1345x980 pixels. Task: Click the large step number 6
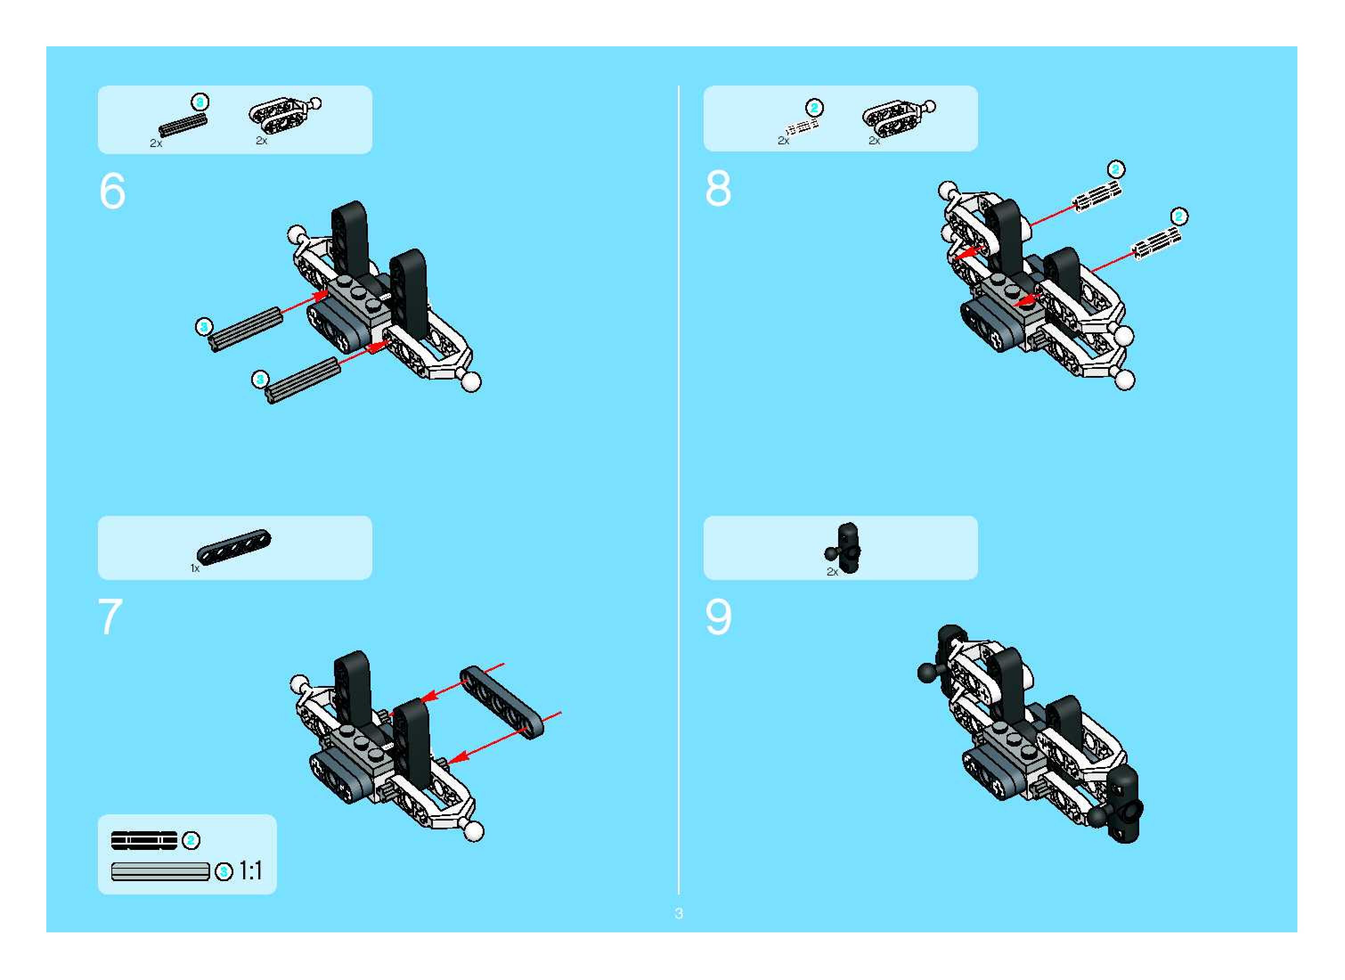coord(112,191)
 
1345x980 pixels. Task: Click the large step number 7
coord(111,617)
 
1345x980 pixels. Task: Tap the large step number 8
coord(718,188)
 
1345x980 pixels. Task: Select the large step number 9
coord(719,617)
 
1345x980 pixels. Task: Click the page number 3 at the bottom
coord(678,913)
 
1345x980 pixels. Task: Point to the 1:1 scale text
coord(250,871)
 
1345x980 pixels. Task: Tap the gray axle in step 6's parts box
coord(183,125)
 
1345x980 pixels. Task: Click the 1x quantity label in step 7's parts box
coord(195,568)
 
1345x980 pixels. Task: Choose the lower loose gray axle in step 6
coord(303,380)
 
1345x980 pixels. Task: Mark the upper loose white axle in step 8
coord(1098,196)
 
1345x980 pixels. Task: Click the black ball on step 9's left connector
coord(927,673)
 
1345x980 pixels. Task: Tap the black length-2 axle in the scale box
coord(144,841)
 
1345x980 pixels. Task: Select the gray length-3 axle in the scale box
coord(161,871)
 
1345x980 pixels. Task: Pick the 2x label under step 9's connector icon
coord(832,572)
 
